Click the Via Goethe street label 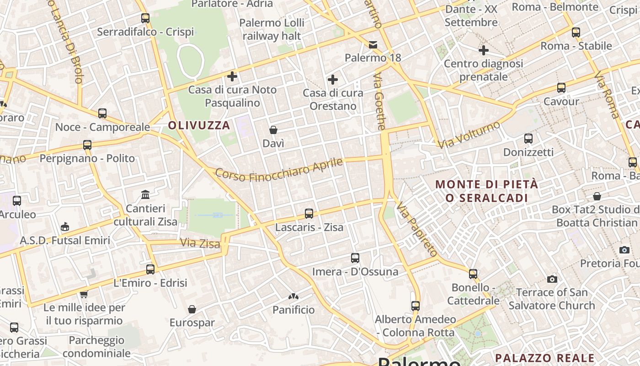tap(380, 102)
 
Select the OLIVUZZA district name tap(199, 125)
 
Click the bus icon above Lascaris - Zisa tap(309, 213)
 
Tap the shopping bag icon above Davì tap(273, 130)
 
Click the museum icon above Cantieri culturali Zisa tap(145, 195)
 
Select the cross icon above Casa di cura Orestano tap(333, 80)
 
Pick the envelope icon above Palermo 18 tap(373, 44)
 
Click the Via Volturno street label tap(469, 135)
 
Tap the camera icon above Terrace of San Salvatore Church tap(552, 279)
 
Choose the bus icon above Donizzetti tap(528, 138)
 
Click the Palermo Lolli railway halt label tap(272, 29)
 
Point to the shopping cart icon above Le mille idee tap(84, 294)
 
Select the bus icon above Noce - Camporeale tap(102, 113)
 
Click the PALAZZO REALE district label tap(545, 358)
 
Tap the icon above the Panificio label tap(293, 297)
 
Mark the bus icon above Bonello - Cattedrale tap(473, 274)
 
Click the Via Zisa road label tap(200, 243)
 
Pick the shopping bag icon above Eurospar tap(192, 310)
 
